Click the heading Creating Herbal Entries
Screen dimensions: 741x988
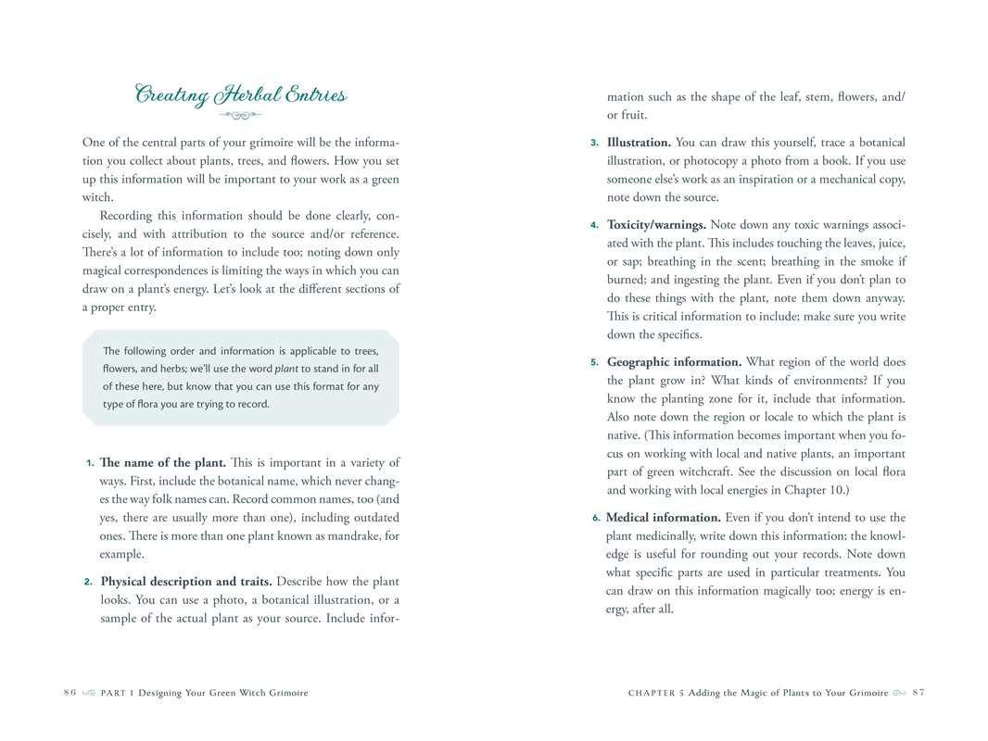point(240,94)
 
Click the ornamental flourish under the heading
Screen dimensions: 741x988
point(240,116)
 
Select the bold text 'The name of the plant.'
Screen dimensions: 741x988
point(162,462)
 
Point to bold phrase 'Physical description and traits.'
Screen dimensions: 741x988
point(185,582)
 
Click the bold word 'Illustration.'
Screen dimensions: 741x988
point(639,143)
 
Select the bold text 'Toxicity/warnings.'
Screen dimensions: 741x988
point(656,224)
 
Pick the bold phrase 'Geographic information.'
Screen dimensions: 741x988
point(674,362)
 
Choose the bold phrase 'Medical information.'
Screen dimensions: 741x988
point(663,518)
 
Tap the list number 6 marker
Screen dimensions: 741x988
point(596,518)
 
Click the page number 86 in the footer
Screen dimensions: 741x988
point(70,693)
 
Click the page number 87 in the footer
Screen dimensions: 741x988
point(918,693)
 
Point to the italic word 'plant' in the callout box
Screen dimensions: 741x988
point(286,369)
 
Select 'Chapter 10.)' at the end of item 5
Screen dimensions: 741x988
point(817,490)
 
